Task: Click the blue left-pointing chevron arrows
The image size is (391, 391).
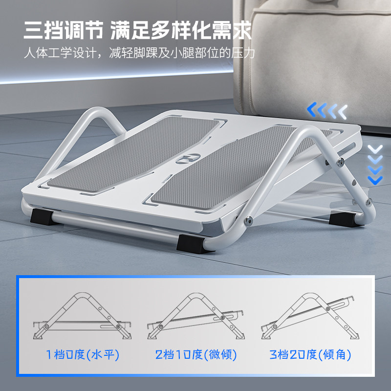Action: click(327, 112)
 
